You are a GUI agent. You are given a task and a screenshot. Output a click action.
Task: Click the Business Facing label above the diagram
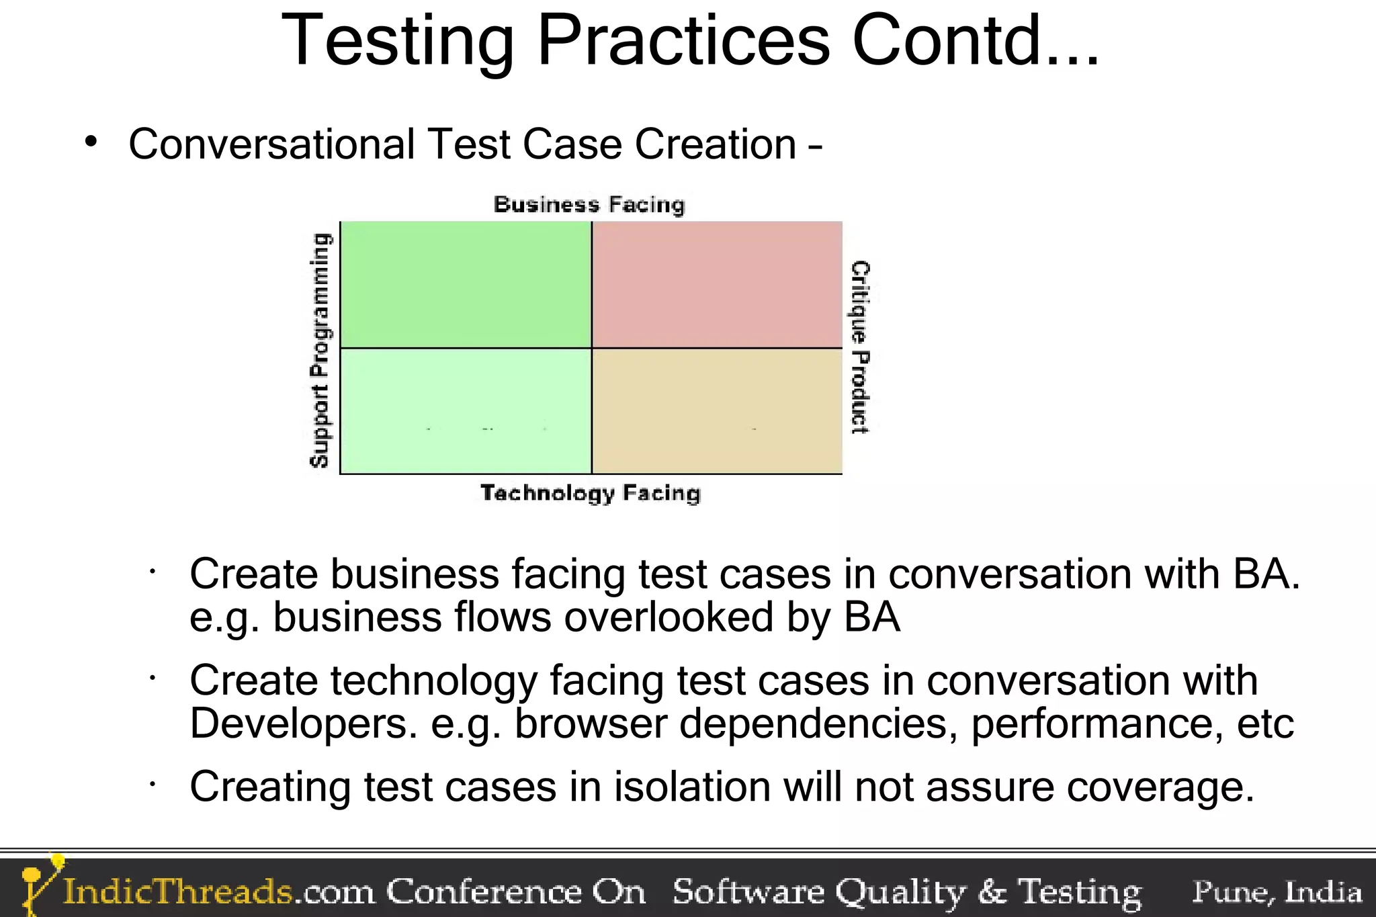pos(589,204)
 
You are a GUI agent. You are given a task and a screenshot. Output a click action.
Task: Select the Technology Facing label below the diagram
pos(591,492)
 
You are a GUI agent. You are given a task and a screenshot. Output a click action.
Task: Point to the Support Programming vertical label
pos(320,349)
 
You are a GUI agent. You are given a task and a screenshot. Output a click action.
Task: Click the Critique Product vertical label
pos(860,347)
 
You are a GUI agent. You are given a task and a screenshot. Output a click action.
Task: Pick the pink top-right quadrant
pos(717,284)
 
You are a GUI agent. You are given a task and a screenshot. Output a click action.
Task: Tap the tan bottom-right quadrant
pos(717,410)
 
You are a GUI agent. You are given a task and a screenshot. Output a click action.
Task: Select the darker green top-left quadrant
pos(466,284)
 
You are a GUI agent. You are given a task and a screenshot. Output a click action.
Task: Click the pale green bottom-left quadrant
pos(466,410)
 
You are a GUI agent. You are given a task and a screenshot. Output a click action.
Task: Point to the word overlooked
pos(669,617)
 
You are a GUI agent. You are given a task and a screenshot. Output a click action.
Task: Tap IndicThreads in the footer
pos(178,892)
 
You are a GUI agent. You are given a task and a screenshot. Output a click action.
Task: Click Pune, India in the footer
pos(1277,892)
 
